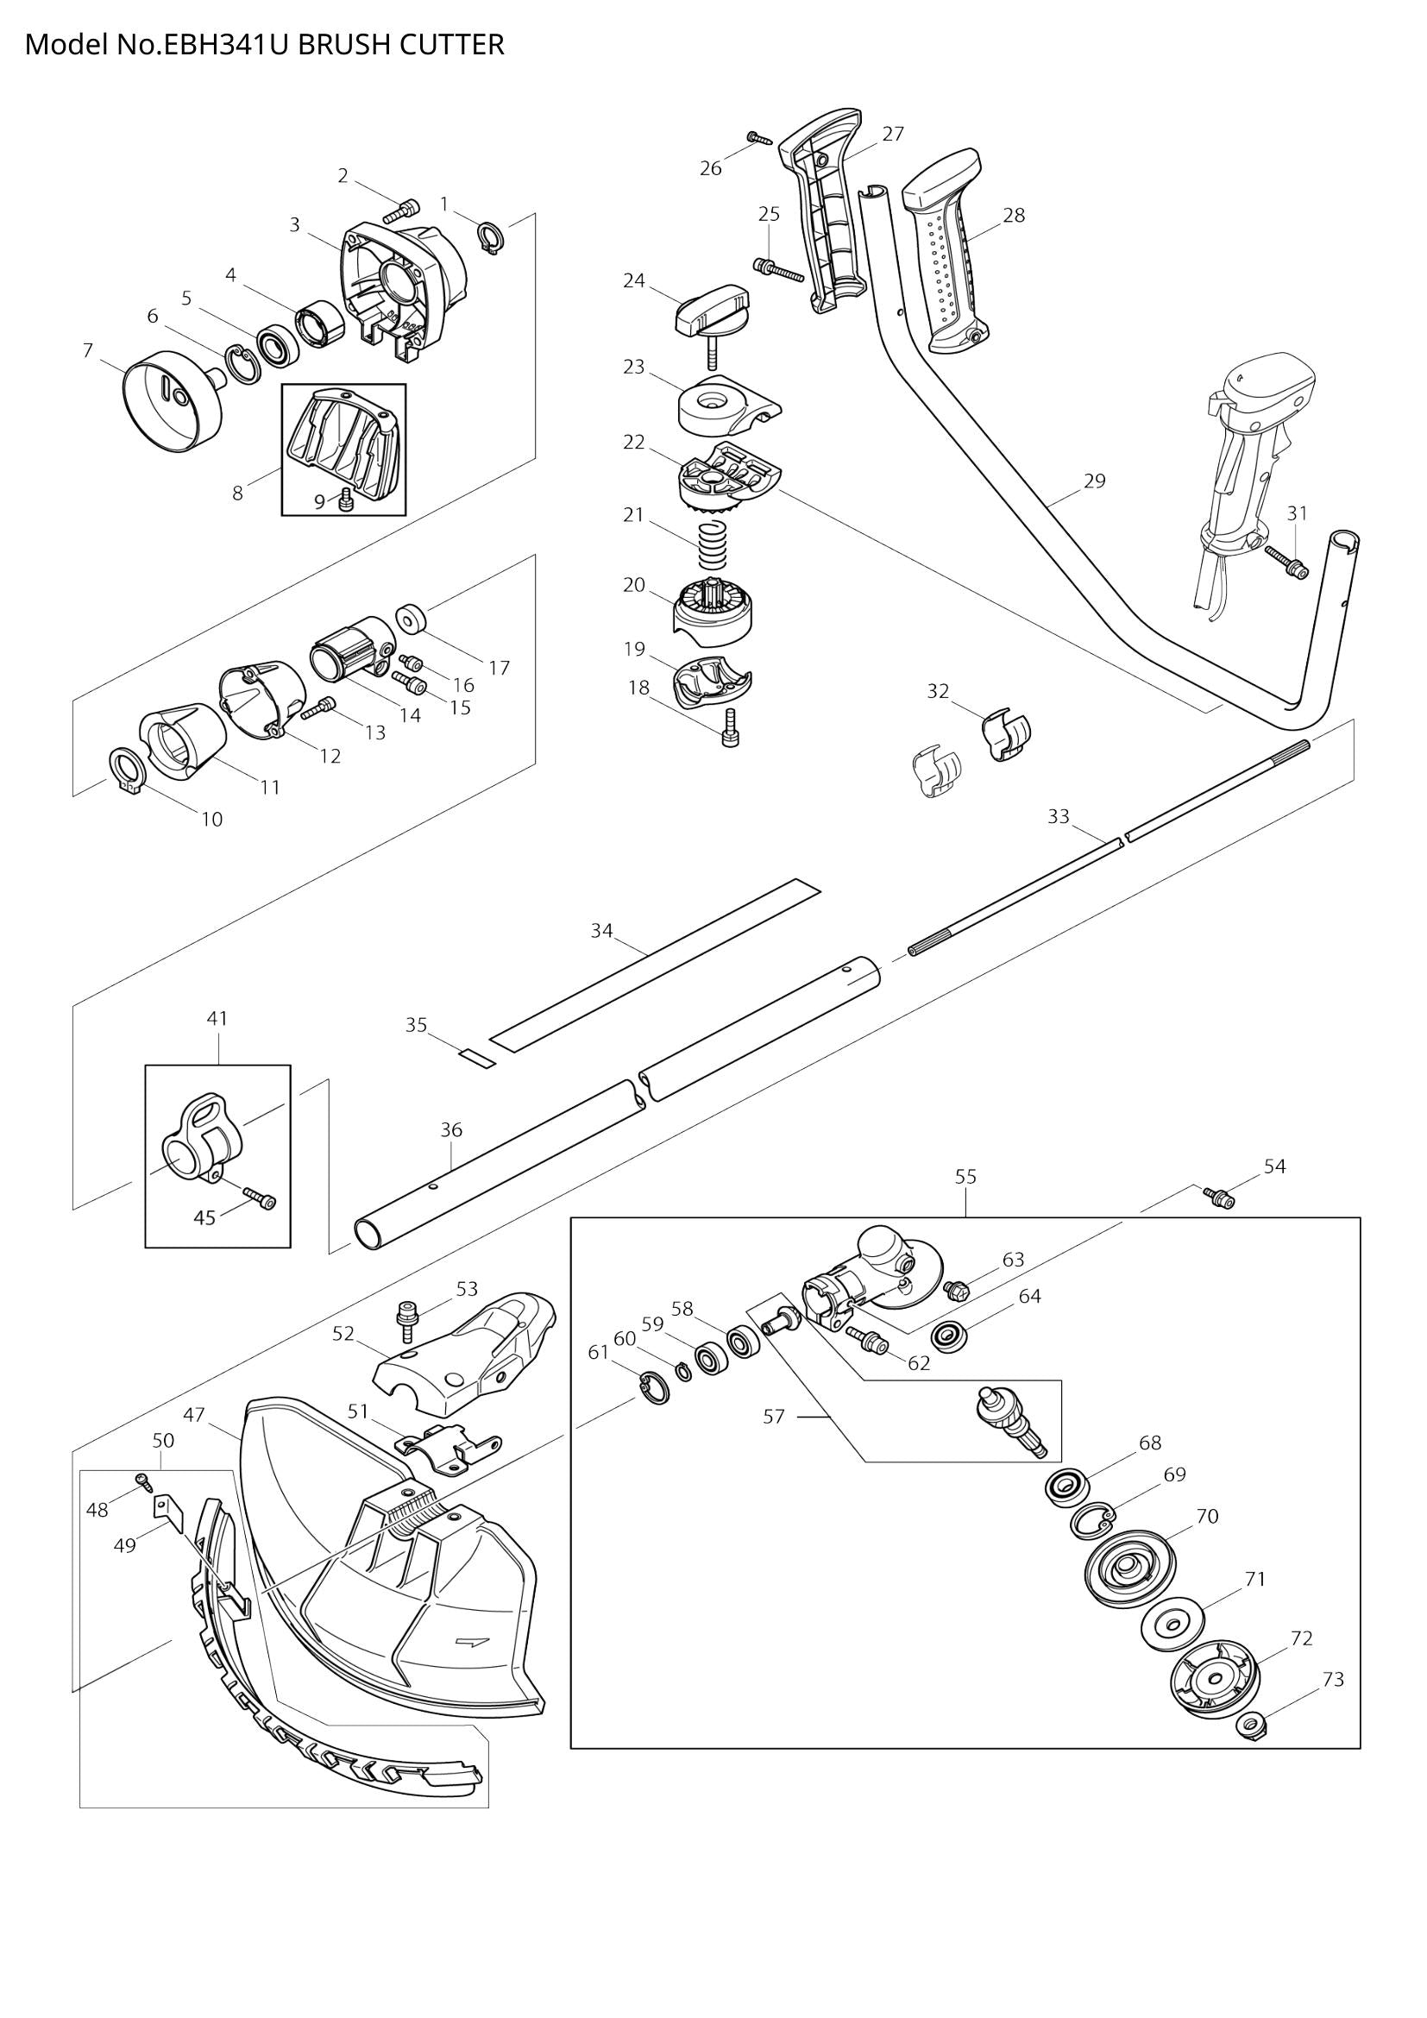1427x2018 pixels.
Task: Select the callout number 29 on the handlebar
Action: pyautogui.click(x=1094, y=481)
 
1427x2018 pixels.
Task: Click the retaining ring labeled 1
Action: pyautogui.click(x=490, y=238)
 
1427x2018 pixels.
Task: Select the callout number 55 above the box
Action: pyautogui.click(x=965, y=1176)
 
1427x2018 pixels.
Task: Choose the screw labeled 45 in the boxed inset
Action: pyautogui.click(x=261, y=1198)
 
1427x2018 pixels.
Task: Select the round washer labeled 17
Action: pyautogui.click(x=411, y=619)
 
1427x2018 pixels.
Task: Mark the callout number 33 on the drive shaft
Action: pyautogui.click(x=1058, y=816)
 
